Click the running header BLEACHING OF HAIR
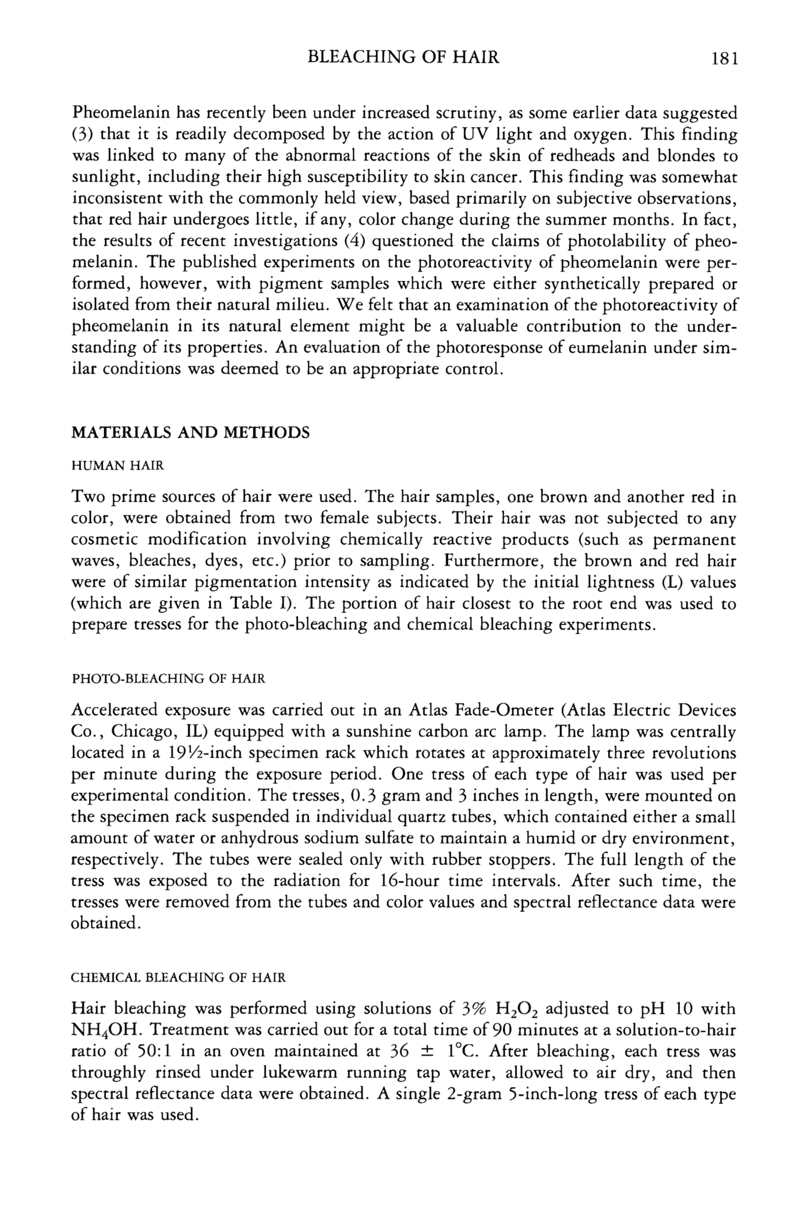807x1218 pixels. point(403,57)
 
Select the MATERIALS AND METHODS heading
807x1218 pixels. point(190,432)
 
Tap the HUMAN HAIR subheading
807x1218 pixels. point(118,466)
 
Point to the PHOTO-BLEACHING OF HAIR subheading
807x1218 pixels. point(168,679)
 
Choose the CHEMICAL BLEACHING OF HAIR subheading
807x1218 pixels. point(178,977)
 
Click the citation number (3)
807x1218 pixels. point(81,134)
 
